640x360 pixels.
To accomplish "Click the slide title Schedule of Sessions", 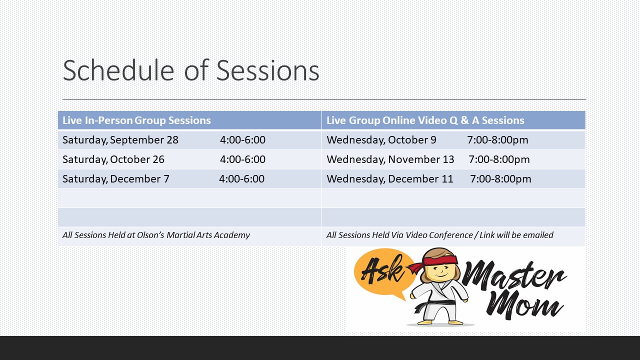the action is pos(191,70).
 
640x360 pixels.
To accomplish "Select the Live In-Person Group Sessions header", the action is pos(136,120).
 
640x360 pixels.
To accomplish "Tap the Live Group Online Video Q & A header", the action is pos(425,120).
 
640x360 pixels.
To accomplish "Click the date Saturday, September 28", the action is pos(120,140).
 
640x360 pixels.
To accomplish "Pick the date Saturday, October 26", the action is pos(113,159).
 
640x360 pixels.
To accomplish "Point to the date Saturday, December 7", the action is pos(115,179).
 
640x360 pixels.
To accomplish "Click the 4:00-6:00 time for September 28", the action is pos(242,140).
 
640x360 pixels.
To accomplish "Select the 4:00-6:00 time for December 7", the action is pos(241,179).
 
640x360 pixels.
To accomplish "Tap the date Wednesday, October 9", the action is pos(381,140).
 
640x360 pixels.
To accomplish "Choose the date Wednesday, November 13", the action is pos(390,159).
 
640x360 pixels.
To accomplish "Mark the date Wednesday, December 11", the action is pos(389,179).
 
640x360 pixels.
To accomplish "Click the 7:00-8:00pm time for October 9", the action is pos(497,140).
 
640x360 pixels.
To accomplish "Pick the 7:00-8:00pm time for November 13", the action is pos(499,159).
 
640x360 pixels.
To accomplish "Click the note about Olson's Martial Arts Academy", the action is pos(156,235).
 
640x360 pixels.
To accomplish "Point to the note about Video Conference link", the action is pos(439,235).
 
